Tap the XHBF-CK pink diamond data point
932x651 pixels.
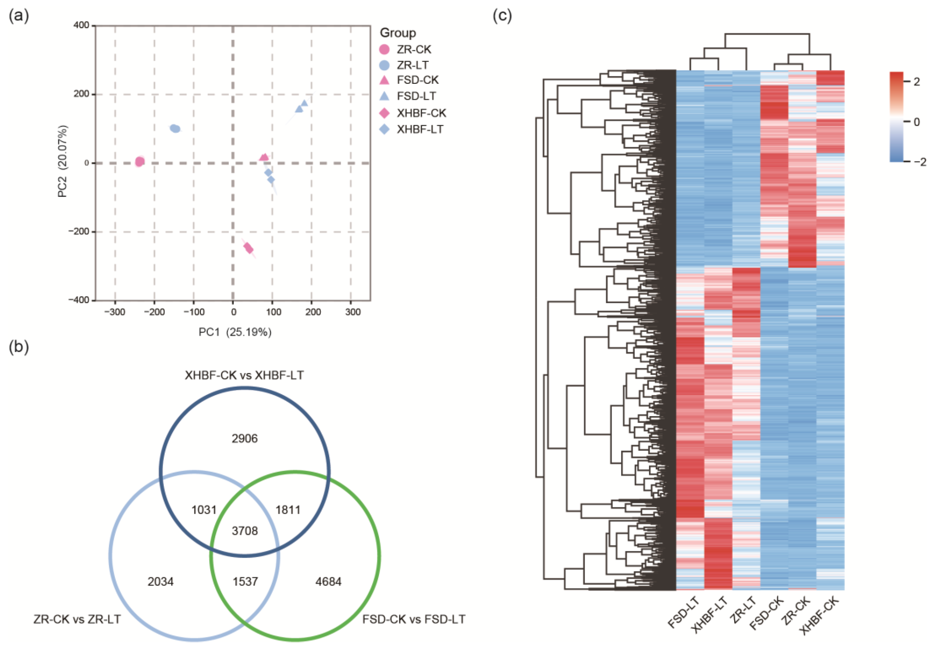(248, 248)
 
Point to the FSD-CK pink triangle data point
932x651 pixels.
(264, 157)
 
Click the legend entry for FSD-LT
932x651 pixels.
(416, 96)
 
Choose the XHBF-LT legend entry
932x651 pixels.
(420, 130)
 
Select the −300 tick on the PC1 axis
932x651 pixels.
(115, 312)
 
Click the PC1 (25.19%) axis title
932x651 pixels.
(235, 332)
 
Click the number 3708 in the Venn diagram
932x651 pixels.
(245, 530)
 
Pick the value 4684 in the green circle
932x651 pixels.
(328, 582)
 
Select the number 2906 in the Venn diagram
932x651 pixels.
(244, 438)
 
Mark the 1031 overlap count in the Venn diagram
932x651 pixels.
(204, 510)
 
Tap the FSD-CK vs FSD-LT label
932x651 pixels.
(414, 619)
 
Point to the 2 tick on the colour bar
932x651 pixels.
(917, 81)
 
